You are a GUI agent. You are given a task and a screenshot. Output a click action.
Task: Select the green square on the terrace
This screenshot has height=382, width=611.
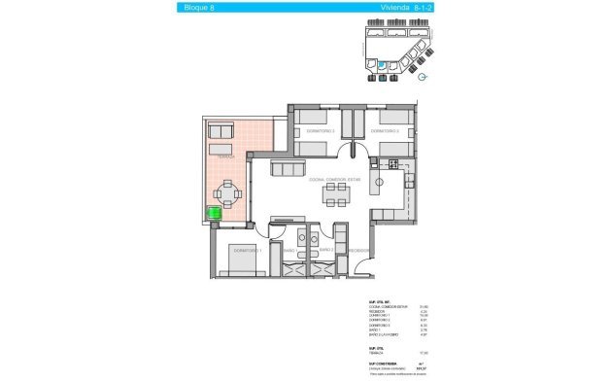pos(215,213)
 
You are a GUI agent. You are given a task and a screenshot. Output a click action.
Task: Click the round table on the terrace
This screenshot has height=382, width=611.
pos(227,194)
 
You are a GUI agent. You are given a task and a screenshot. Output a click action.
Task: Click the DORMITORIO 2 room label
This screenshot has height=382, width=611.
pos(321,130)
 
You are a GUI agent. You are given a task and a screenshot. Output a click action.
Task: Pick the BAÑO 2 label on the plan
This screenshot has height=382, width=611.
pos(326,250)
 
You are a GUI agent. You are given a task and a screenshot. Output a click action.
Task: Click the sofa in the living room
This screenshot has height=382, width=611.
pos(288,170)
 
